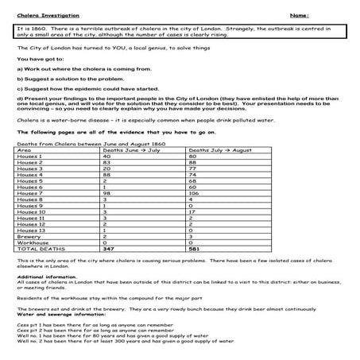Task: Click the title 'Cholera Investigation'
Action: [x=43, y=14]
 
